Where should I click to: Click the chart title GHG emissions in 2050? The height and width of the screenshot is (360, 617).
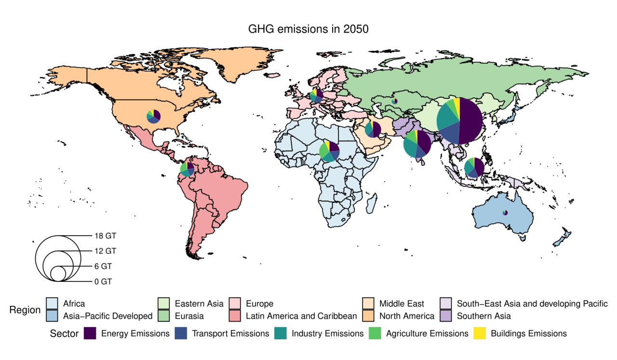pyautogui.click(x=308, y=29)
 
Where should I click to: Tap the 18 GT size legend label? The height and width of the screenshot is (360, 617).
pyautogui.click(x=105, y=236)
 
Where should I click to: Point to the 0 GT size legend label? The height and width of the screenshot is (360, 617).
pyautogui.click(x=103, y=281)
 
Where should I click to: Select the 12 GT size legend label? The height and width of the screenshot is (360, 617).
pyautogui.click(x=105, y=251)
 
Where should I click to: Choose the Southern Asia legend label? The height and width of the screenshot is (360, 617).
pyautogui.click(x=483, y=316)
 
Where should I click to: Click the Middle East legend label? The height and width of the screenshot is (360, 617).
pyautogui.click(x=402, y=304)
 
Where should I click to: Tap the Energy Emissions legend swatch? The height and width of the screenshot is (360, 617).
pyautogui.click(x=90, y=333)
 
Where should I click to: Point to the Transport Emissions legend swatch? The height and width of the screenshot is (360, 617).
pyautogui.click(x=180, y=333)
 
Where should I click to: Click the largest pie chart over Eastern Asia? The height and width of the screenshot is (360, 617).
pyautogui.click(x=459, y=120)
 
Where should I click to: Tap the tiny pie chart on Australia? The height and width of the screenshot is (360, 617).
pyautogui.click(x=505, y=213)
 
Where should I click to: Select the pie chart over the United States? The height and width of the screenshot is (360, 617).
pyautogui.click(x=154, y=116)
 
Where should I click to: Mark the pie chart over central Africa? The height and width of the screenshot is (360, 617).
pyautogui.click(x=329, y=151)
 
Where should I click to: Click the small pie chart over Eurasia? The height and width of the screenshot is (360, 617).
pyautogui.click(x=394, y=101)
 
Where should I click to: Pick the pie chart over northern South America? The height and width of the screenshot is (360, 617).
pyautogui.click(x=187, y=169)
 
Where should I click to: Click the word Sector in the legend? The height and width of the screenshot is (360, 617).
pyautogui.click(x=64, y=333)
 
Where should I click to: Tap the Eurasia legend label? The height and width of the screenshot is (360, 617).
pyautogui.click(x=189, y=316)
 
